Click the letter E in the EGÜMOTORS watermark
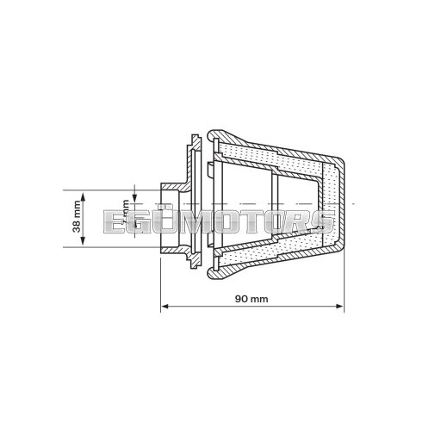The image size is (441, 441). [114, 221]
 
